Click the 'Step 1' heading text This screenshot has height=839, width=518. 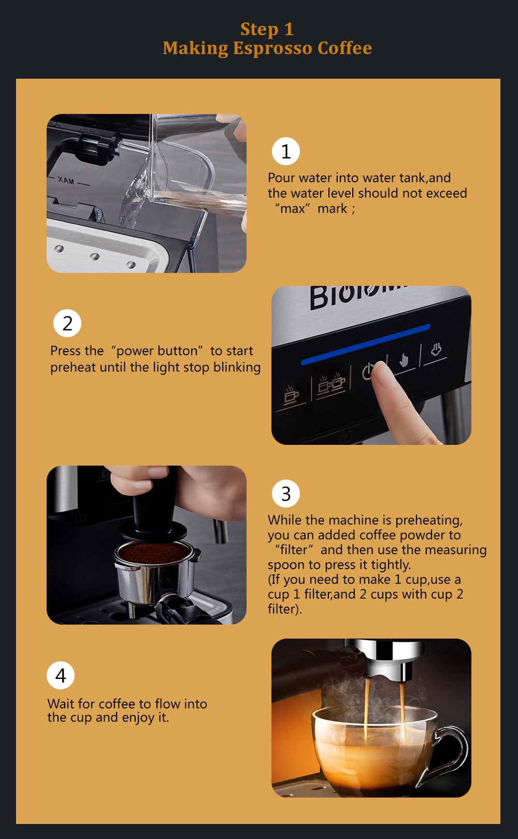pyautogui.click(x=267, y=30)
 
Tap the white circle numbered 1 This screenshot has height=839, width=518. pyautogui.click(x=285, y=151)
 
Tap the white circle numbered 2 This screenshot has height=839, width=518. pyautogui.click(x=67, y=323)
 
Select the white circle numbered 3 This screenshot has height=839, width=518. pyautogui.click(x=285, y=494)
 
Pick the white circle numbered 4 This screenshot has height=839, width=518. pyautogui.click(x=61, y=675)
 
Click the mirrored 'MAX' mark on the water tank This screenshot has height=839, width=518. pyautogui.click(x=66, y=181)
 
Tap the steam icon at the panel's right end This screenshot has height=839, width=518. pyautogui.click(x=436, y=350)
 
